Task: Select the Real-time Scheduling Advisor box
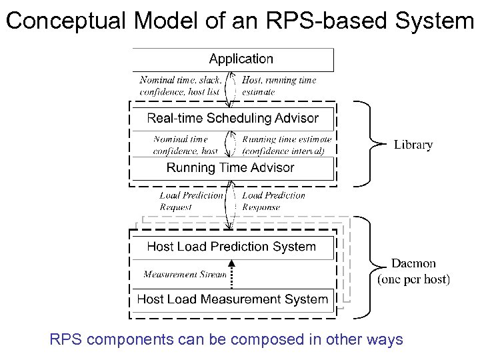point(232,119)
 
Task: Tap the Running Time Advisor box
point(231,168)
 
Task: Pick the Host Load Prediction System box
point(231,247)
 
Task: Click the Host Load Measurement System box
point(232,299)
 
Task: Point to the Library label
point(413,145)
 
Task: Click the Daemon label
point(413,264)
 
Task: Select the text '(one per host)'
point(413,280)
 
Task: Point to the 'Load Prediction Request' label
point(191,201)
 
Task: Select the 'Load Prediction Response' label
point(273,201)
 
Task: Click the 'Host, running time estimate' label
point(279,85)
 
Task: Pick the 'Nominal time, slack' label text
point(180,80)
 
